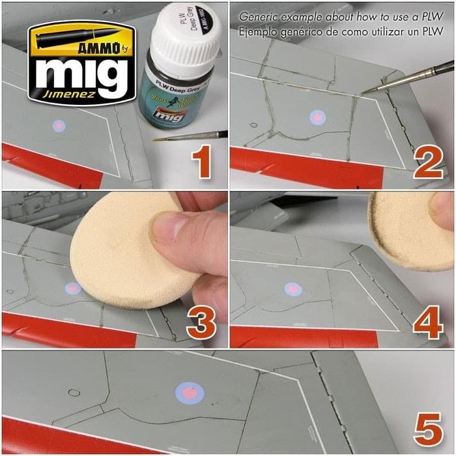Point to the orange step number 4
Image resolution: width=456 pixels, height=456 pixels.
(429, 322)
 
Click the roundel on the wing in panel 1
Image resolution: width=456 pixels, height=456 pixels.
(59, 125)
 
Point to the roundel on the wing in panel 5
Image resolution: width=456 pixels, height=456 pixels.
(190, 393)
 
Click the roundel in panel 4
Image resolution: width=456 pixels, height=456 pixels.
(293, 289)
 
